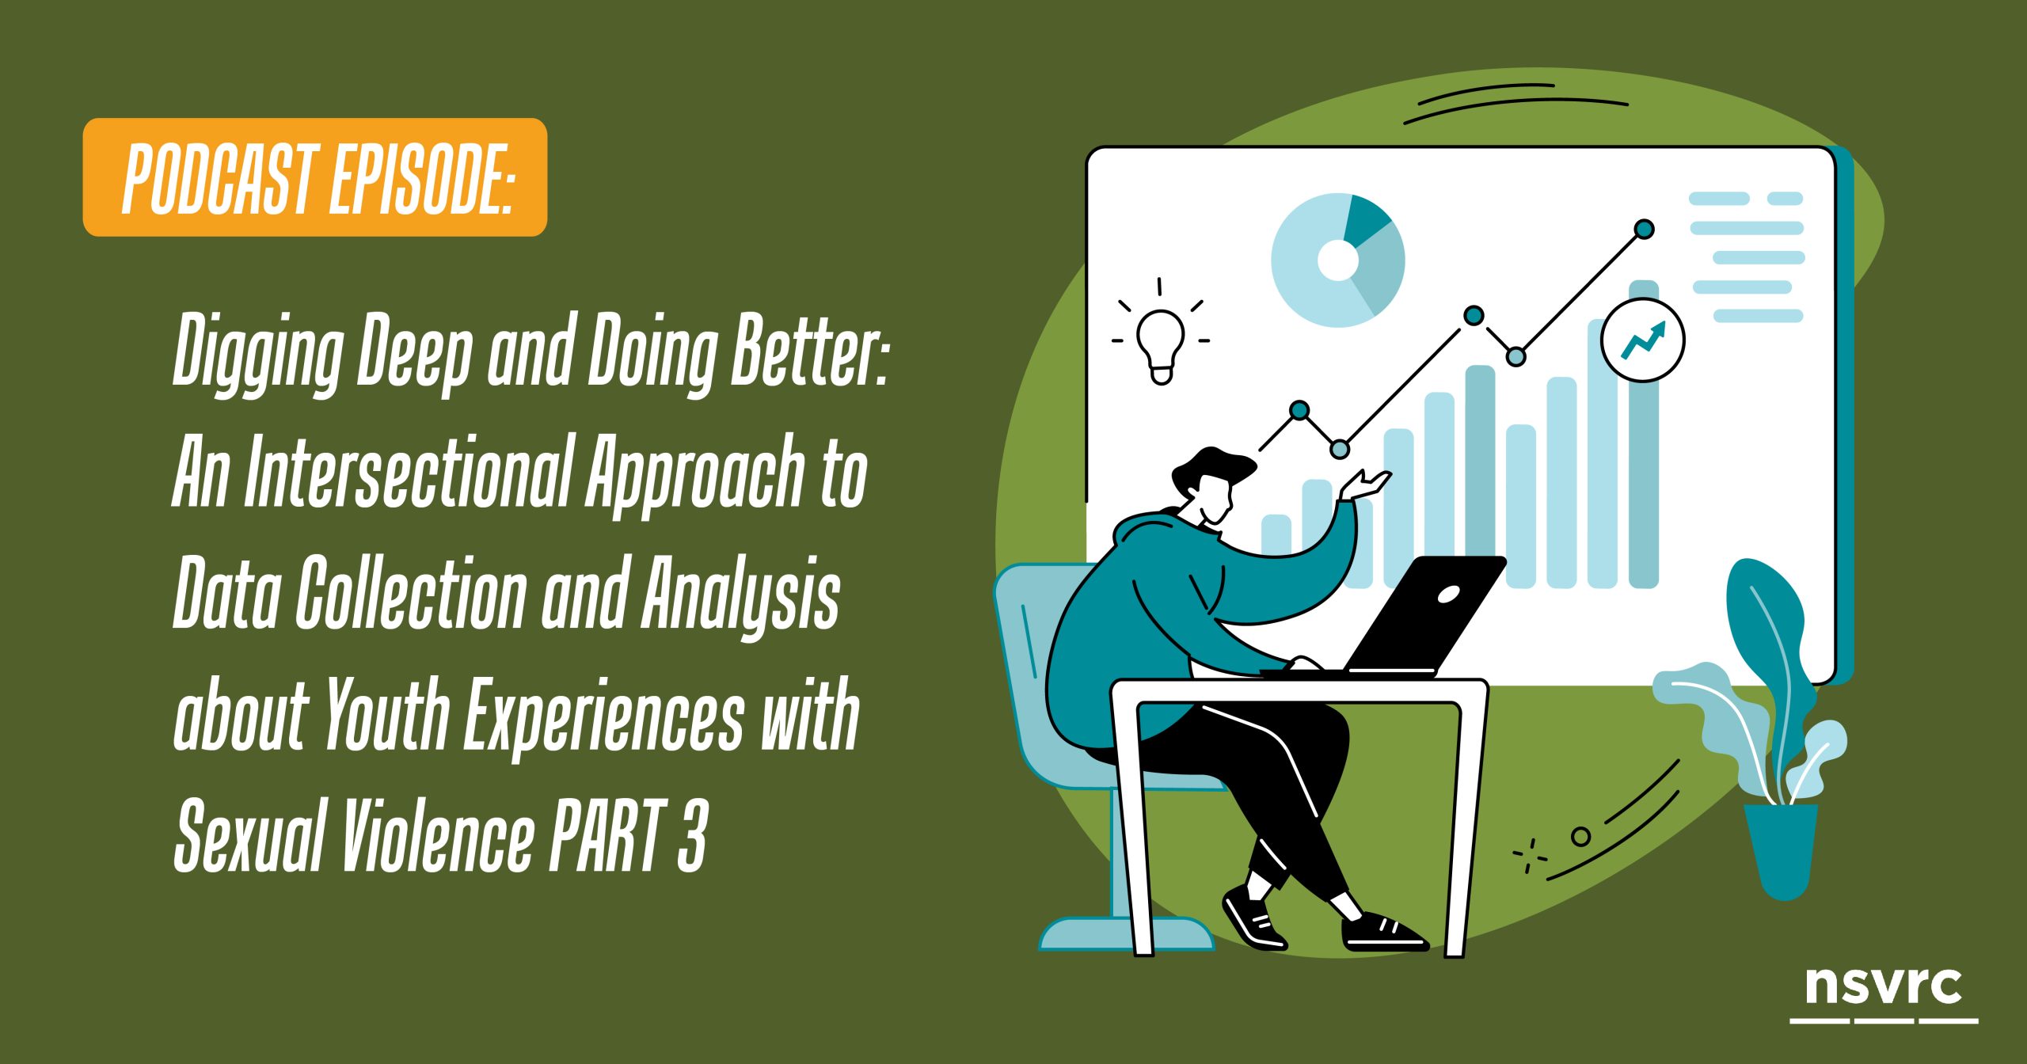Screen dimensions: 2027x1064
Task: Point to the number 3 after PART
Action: pos(691,834)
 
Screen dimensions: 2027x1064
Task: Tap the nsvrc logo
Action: pos(1884,994)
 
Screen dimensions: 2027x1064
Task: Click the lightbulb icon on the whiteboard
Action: pos(1161,342)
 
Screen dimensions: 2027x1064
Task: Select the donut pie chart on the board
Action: pos(1338,260)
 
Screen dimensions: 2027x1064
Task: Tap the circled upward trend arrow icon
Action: pos(1643,340)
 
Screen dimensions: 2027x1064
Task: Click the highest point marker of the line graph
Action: pos(1645,230)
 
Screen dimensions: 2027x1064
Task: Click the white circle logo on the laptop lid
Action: pos(1448,594)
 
